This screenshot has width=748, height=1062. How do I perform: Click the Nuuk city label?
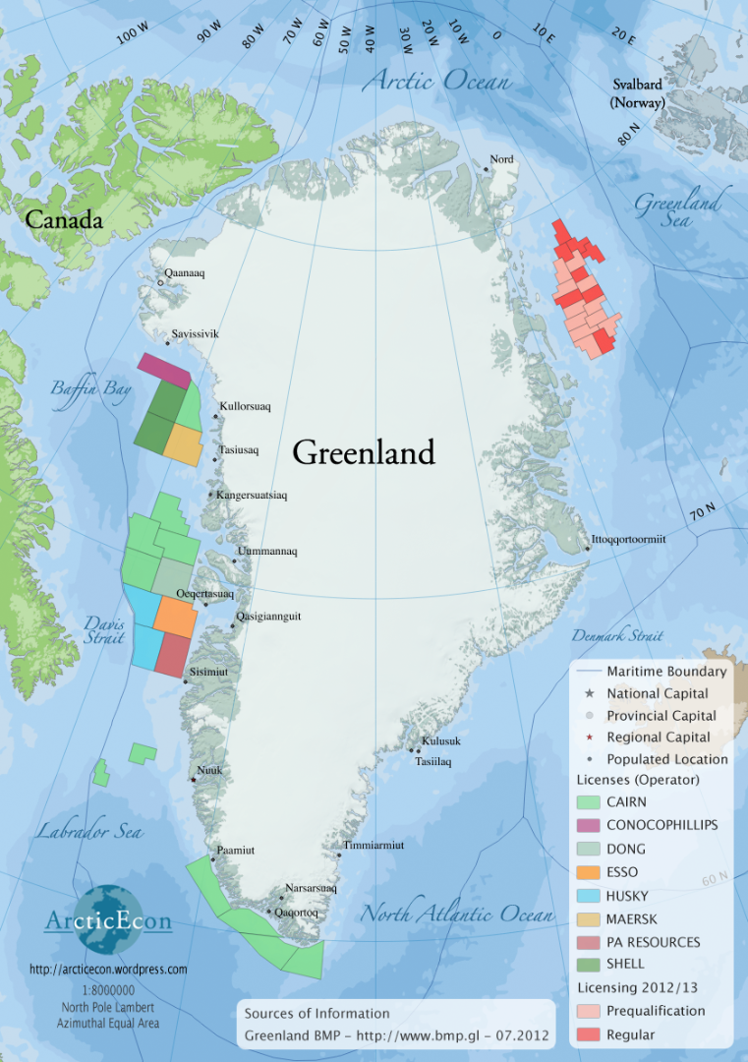coord(209,770)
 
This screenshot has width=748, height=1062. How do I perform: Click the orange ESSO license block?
coord(175,616)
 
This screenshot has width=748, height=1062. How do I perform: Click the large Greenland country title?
coord(363,452)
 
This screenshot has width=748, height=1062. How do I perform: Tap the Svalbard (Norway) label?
coord(637,94)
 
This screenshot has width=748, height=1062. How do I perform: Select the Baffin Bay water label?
coord(90,389)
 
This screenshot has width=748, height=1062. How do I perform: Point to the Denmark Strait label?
coord(617,635)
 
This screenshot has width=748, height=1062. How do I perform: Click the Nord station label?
coord(501,159)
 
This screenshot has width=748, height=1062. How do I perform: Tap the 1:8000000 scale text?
coord(107,990)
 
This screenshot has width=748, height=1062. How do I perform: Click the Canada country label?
coord(64,220)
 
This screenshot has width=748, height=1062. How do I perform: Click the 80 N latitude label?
coord(630,134)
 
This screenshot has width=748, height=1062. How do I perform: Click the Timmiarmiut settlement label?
coord(374,845)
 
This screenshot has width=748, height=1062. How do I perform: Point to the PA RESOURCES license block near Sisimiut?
coord(171,654)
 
